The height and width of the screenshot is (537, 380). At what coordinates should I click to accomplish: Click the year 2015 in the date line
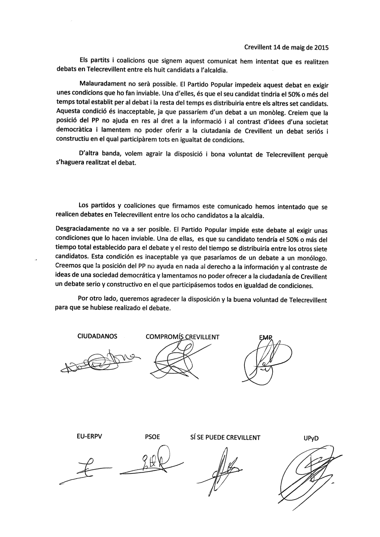321,47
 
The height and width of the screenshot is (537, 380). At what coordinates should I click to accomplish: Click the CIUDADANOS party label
97,336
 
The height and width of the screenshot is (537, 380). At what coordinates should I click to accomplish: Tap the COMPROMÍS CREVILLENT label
183,337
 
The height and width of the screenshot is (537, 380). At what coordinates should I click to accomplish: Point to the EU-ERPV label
89,437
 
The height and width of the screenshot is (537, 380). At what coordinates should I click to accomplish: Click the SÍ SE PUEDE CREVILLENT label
225,437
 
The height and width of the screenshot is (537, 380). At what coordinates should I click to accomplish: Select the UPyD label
311,438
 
